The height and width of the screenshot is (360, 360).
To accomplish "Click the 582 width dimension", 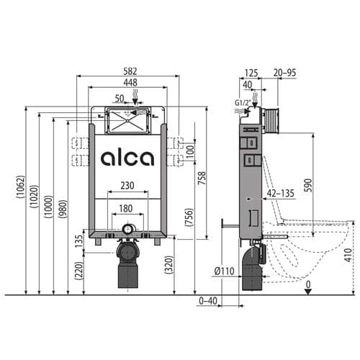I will point(130,71).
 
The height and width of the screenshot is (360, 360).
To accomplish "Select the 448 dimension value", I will point(130,83).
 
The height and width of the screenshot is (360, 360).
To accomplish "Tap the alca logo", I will point(127,158).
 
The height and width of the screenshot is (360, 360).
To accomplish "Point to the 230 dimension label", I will point(127,185).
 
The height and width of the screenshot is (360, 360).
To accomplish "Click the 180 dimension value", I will point(127,208).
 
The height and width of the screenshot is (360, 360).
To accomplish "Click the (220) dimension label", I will point(77,271).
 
